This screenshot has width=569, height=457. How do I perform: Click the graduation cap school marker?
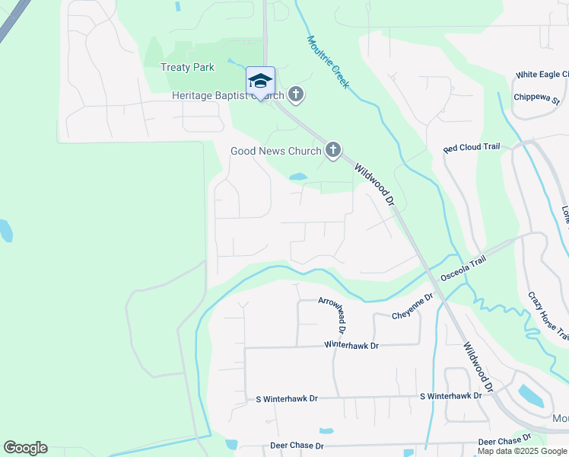tap(260, 81)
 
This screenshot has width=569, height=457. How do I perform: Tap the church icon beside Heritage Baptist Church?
tap(296, 95)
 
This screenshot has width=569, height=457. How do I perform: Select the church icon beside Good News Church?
tap(332, 151)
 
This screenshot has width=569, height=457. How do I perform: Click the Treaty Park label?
tap(187, 67)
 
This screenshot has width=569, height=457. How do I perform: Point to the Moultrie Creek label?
tap(328, 62)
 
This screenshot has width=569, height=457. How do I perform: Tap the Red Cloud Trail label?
tap(473, 148)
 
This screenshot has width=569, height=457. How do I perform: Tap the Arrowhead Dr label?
tap(332, 316)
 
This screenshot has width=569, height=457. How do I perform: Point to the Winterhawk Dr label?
tap(351, 345)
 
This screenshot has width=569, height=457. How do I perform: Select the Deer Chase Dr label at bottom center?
tap(297, 446)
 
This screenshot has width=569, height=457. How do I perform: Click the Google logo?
tap(25, 448)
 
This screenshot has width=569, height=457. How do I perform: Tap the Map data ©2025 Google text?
tap(523, 452)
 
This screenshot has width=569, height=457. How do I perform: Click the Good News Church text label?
tap(275, 151)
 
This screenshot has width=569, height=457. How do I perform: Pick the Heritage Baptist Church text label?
tap(227, 96)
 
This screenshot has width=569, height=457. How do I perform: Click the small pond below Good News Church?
tap(297, 178)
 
